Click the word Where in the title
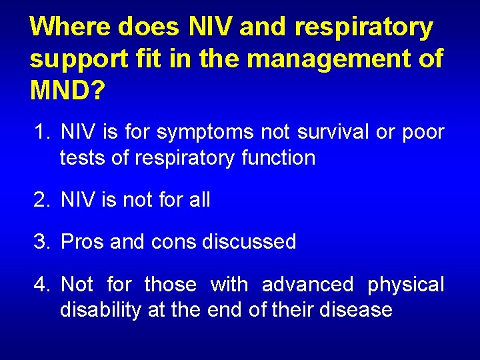click(x=71, y=27)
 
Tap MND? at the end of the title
click(x=67, y=89)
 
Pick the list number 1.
click(x=41, y=133)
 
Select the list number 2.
click(x=41, y=199)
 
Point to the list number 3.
click(x=41, y=241)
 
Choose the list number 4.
click(x=41, y=285)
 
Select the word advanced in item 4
click(x=307, y=285)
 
